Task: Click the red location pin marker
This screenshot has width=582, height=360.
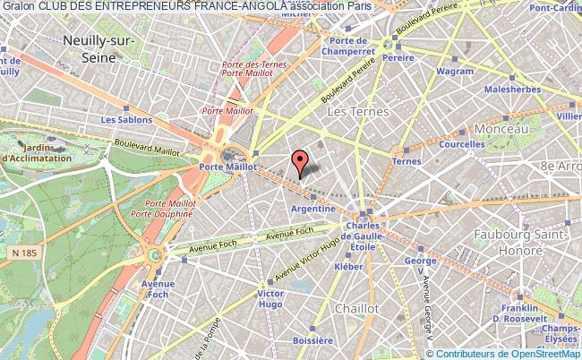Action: [300, 161]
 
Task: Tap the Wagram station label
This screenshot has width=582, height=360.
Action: [455, 71]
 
